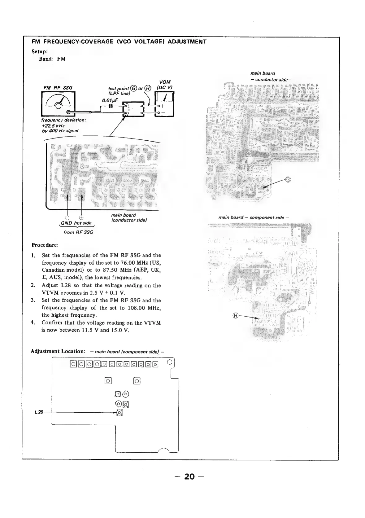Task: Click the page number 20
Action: [x=189, y=476]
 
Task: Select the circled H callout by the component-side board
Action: [x=236, y=316]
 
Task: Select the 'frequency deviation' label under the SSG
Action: [x=63, y=120]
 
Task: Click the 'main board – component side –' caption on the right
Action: [x=254, y=217]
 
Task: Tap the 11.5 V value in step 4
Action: [x=89, y=330]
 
